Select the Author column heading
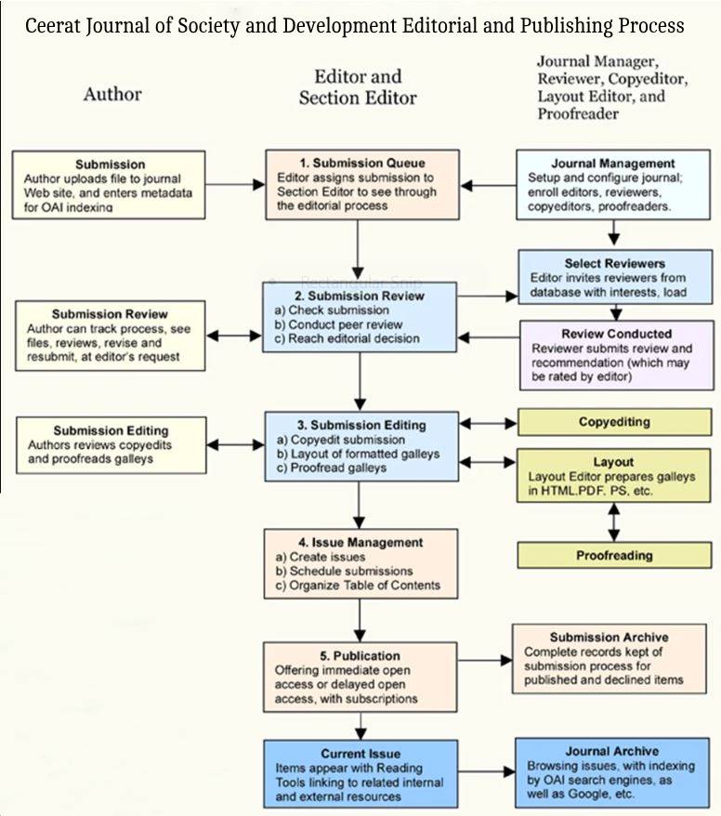coord(112,93)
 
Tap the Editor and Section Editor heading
coord(358,86)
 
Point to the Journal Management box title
coord(613,164)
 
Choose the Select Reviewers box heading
coord(614,263)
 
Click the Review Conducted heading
coord(616,334)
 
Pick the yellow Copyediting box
coord(614,422)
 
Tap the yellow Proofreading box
coord(614,555)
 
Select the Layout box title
coord(613,461)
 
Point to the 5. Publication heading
coord(360,655)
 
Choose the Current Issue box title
coord(360,754)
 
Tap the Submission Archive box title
coord(609,637)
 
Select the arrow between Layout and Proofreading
coord(613,522)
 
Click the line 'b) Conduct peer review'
coord(344,324)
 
